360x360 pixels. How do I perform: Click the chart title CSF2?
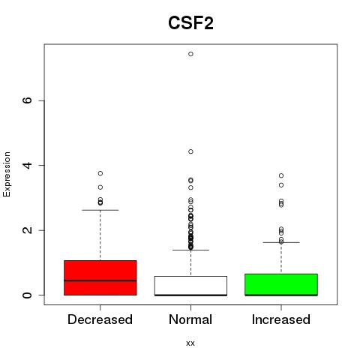coord(190,23)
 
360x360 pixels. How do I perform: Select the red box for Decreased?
coord(100,277)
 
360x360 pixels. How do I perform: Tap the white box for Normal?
coord(190,286)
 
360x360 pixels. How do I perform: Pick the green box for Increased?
coord(281,284)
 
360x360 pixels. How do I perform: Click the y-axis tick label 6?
coord(27,100)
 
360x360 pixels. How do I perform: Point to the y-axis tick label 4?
coord(27,165)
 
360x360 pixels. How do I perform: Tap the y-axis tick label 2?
coord(27,230)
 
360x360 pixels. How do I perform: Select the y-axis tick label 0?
coord(27,295)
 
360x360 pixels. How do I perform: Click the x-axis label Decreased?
coord(100,319)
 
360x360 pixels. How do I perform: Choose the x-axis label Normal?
coord(190,319)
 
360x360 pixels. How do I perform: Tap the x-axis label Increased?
coord(281,319)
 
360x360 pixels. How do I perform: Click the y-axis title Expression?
coord(7,174)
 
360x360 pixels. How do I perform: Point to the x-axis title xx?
coord(190,343)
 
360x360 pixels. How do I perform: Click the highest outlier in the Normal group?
coord(190,54)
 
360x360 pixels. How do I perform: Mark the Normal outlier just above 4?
coord(190,151)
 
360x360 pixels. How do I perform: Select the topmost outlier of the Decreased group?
coord(100,173)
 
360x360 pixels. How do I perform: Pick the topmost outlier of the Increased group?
coord(281,175)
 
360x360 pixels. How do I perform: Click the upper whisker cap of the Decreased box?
coord(100,210)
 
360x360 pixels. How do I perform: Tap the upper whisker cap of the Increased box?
coord(281,242)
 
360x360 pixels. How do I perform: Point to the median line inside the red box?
coord(100,280)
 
